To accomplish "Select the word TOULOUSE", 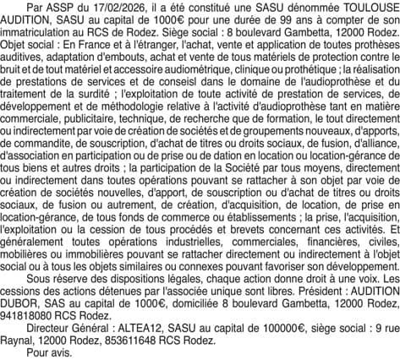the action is point(363,7).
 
